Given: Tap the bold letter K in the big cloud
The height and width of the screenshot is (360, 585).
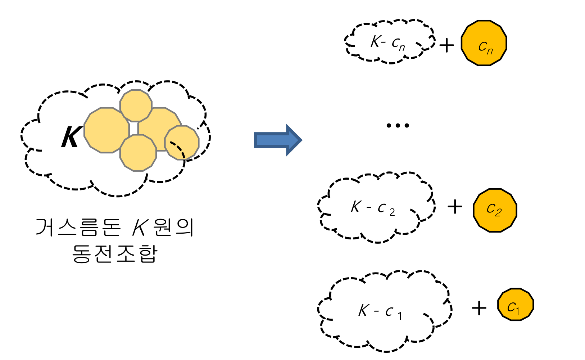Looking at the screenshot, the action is (x=71, y=137).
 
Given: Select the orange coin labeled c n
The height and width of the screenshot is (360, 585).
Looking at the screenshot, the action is (x=484, y=43).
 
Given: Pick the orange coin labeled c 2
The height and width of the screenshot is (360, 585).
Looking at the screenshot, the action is (x=495, y=210).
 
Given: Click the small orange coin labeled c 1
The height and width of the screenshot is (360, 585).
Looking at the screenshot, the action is (x=515, y=305).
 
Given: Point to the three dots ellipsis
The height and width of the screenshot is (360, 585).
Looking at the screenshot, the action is (x=398, y=126).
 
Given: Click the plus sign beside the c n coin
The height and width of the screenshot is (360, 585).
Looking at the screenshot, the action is (x=446, y=46).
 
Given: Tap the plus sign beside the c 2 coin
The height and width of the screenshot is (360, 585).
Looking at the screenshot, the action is (x=455, y=207).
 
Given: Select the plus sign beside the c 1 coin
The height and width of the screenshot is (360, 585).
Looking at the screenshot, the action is (x=479, y=308).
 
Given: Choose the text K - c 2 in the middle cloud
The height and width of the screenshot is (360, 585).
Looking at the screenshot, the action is (x=373, y=208).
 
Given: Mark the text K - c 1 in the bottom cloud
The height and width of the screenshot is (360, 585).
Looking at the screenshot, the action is (x=380, y=311).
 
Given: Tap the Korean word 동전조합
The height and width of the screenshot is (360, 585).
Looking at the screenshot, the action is (x=115, y=254).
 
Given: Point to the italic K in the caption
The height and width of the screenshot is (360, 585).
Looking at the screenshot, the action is (x=140, y=228).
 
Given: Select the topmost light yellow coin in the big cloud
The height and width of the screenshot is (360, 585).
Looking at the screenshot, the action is (x=136, y=105).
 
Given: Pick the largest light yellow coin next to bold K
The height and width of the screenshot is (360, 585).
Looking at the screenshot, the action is (x=106, y=130).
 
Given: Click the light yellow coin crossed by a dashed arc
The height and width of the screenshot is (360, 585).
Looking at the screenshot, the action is (x=182, y=143).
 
